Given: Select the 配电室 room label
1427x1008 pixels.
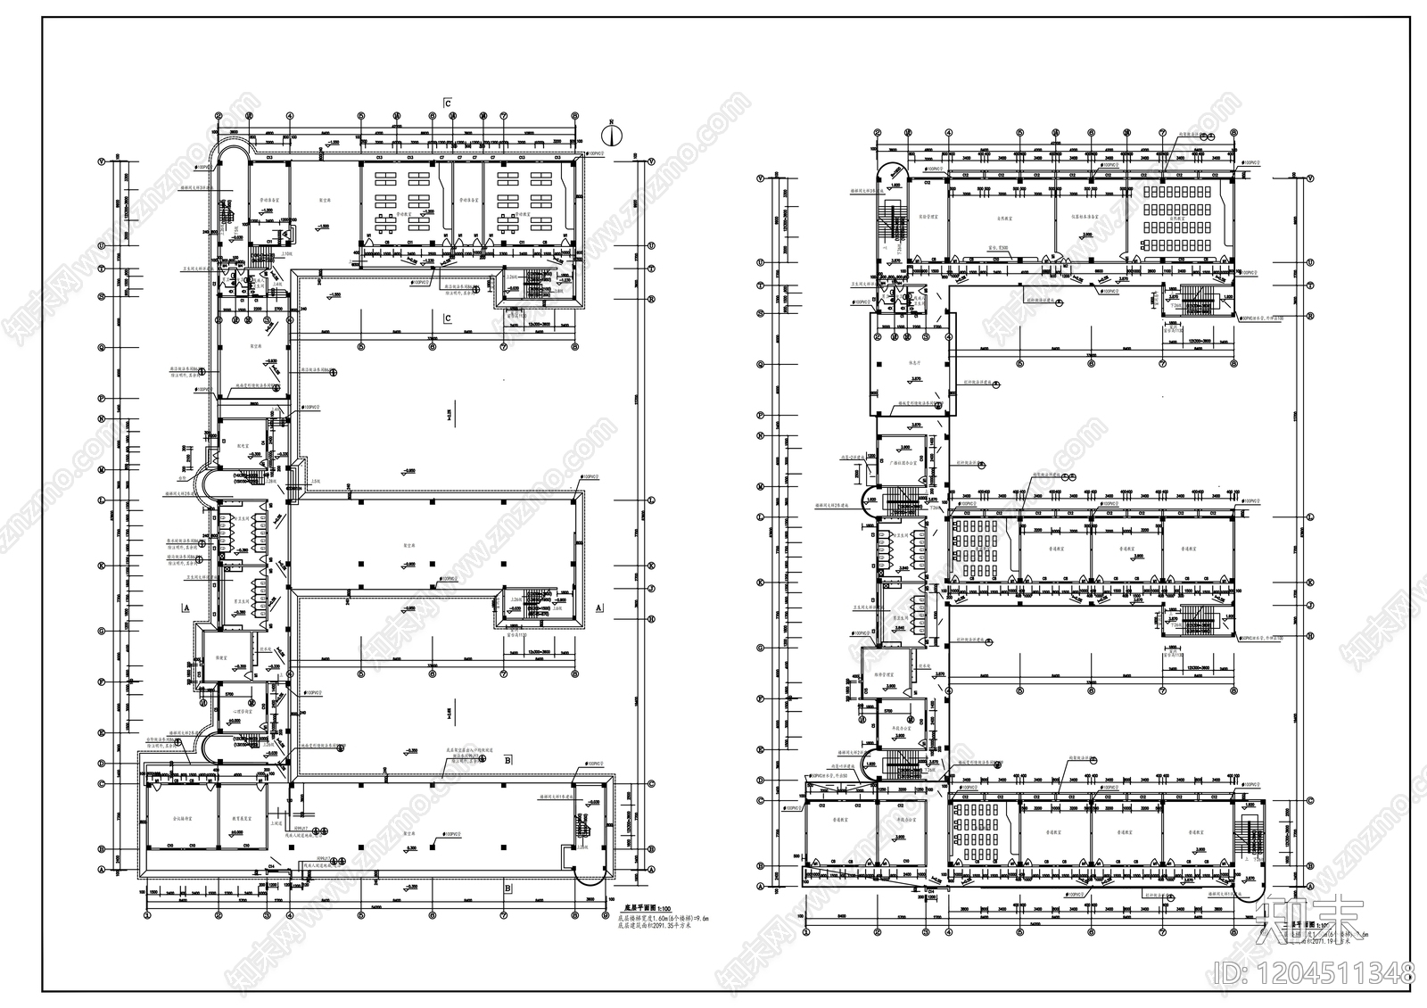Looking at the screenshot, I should [x=240, y=443].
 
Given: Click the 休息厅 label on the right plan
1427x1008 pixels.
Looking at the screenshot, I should [x=911, y=362].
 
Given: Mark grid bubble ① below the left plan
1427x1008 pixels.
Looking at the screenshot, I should [x=147, y=914].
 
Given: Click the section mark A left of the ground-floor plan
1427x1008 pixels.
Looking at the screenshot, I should [x=186, y=607].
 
